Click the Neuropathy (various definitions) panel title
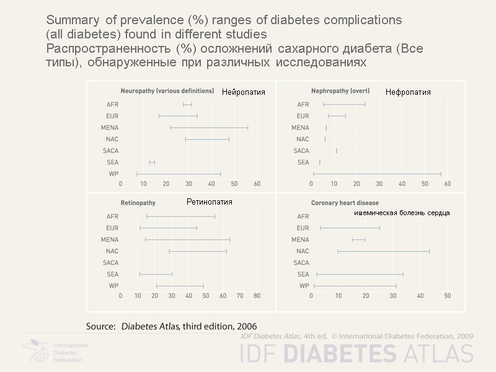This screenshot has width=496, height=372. click(167, 91)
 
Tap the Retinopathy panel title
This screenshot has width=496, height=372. click(138, 203)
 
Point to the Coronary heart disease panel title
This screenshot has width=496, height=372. click(345, 203)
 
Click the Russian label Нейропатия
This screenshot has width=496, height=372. click(244, 92)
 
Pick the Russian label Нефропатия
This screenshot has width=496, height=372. click(408, 92)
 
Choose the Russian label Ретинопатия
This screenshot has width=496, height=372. click(210, 201)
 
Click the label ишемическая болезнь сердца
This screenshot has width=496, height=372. click(402, 213)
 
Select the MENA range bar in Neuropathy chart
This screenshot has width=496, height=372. click(209, 128)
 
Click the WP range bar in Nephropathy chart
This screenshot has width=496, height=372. click(377, 174)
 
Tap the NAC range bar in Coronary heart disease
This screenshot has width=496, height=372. click(383, 251)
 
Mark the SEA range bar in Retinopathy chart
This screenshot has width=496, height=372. click(156, 274)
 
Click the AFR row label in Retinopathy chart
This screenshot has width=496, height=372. click(112, 216)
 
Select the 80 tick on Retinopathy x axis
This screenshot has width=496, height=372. click(256, 296)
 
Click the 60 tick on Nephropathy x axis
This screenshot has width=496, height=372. click(447, 184)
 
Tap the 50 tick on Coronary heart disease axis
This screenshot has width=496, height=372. click(448, 296)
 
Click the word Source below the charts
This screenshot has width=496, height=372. click(100, 326)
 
